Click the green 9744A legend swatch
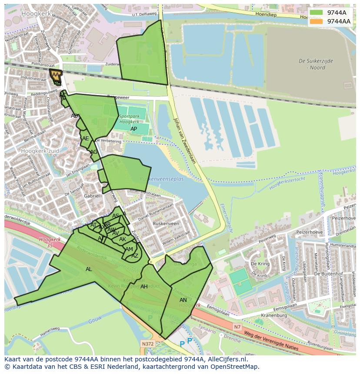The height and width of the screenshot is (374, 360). [x=317, y=13]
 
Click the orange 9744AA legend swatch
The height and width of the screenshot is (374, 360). [x=317, y=21]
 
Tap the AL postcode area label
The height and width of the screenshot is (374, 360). [x=89, y=269]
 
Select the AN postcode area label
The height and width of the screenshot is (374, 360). [x=183, y=300]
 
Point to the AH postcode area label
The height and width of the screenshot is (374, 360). [x=144, y=287]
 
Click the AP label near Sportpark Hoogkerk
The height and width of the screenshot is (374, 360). [x=134, y=129]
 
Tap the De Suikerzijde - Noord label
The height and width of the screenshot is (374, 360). [x=316, y=64]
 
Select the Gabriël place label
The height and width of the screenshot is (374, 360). [x=92, y=196]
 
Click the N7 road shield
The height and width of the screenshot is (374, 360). [x=237, y=327]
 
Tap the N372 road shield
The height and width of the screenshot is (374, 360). [x=148, y=344]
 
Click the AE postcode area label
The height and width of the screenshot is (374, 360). [x=86, y=139]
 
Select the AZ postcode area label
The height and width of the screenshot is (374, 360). [x=135, y=256]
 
